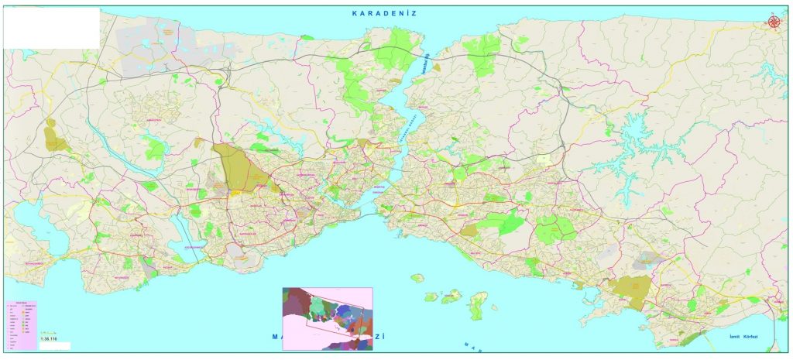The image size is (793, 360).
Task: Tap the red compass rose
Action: pyautogui.click(x=774, y=22)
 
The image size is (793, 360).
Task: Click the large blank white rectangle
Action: pyautogui.click(x=51, y=28)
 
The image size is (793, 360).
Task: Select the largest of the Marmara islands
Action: pyautogui.click(x=478, y=305)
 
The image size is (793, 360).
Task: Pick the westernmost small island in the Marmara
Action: pyautogui.click(x=417, y=278)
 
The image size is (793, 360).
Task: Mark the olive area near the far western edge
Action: pyautogui.click(x=55, y=137)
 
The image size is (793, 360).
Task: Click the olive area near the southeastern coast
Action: pyautogui.click(x=630, y=291)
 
